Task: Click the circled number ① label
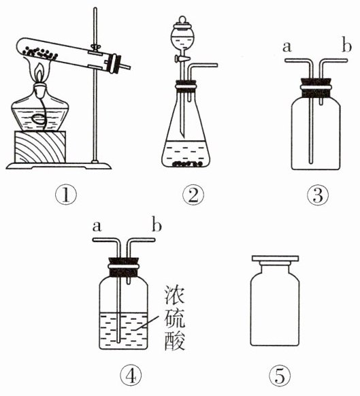click(66, 195)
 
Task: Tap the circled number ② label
click(193, 195)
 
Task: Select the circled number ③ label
click(318, 195)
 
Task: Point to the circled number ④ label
click(131, 376)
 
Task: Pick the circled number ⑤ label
click(280, 376)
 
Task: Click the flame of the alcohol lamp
click(39, 72)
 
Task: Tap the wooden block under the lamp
click(40, 147)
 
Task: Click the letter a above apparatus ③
click(287, 47)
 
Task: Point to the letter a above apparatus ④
click(97, 227)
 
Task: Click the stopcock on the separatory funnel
click(180, 59)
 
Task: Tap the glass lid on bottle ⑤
click(275, 258)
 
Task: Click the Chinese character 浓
click(175, 295)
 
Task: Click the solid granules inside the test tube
click(40, 53)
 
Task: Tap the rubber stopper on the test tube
click(114, 64)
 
